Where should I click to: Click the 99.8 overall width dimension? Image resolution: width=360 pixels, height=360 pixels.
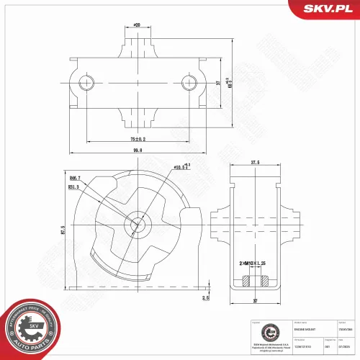click(138, 150)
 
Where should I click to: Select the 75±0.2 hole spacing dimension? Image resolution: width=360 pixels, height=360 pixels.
click(138, 138)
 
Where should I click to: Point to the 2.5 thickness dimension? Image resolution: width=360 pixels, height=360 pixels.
click(205, 296)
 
